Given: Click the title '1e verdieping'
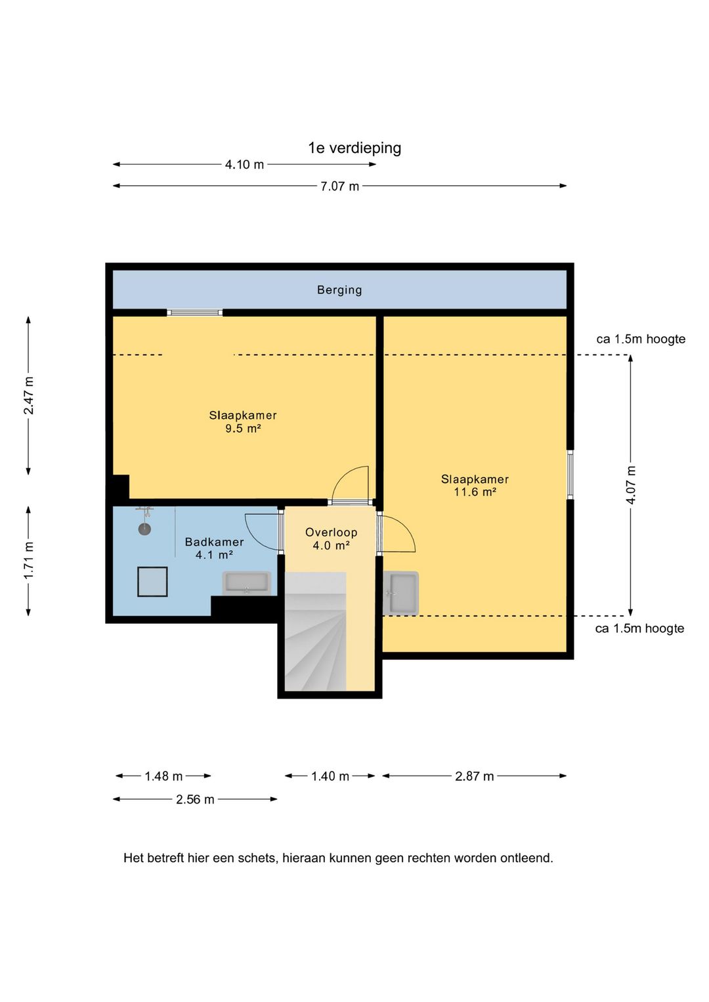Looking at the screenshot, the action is (354, 148).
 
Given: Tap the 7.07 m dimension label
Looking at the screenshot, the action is (339, 186).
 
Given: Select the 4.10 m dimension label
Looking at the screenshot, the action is (244, 165).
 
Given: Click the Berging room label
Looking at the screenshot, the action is (339, 290).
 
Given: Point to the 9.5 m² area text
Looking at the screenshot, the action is (243, 429).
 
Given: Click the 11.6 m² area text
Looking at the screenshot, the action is (475, 492).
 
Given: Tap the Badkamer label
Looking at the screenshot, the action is (214, 542).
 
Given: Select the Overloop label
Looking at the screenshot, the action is (331, 533).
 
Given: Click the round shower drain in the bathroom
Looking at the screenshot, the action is (144, 529).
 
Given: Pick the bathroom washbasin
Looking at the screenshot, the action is (246, 583).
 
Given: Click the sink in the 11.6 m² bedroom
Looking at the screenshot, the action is (401, 593).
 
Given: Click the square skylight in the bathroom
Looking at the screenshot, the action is (152, 582).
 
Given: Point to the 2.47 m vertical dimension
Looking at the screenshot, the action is (29, 396).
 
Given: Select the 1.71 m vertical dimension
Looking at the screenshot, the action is (29, 561).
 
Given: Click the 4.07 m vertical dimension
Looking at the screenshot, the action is (631, 485).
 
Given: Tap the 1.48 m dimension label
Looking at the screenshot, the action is (163, 776).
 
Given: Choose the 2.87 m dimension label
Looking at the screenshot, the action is (475, 776).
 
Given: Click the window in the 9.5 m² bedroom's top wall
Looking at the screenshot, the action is (195, 313).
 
